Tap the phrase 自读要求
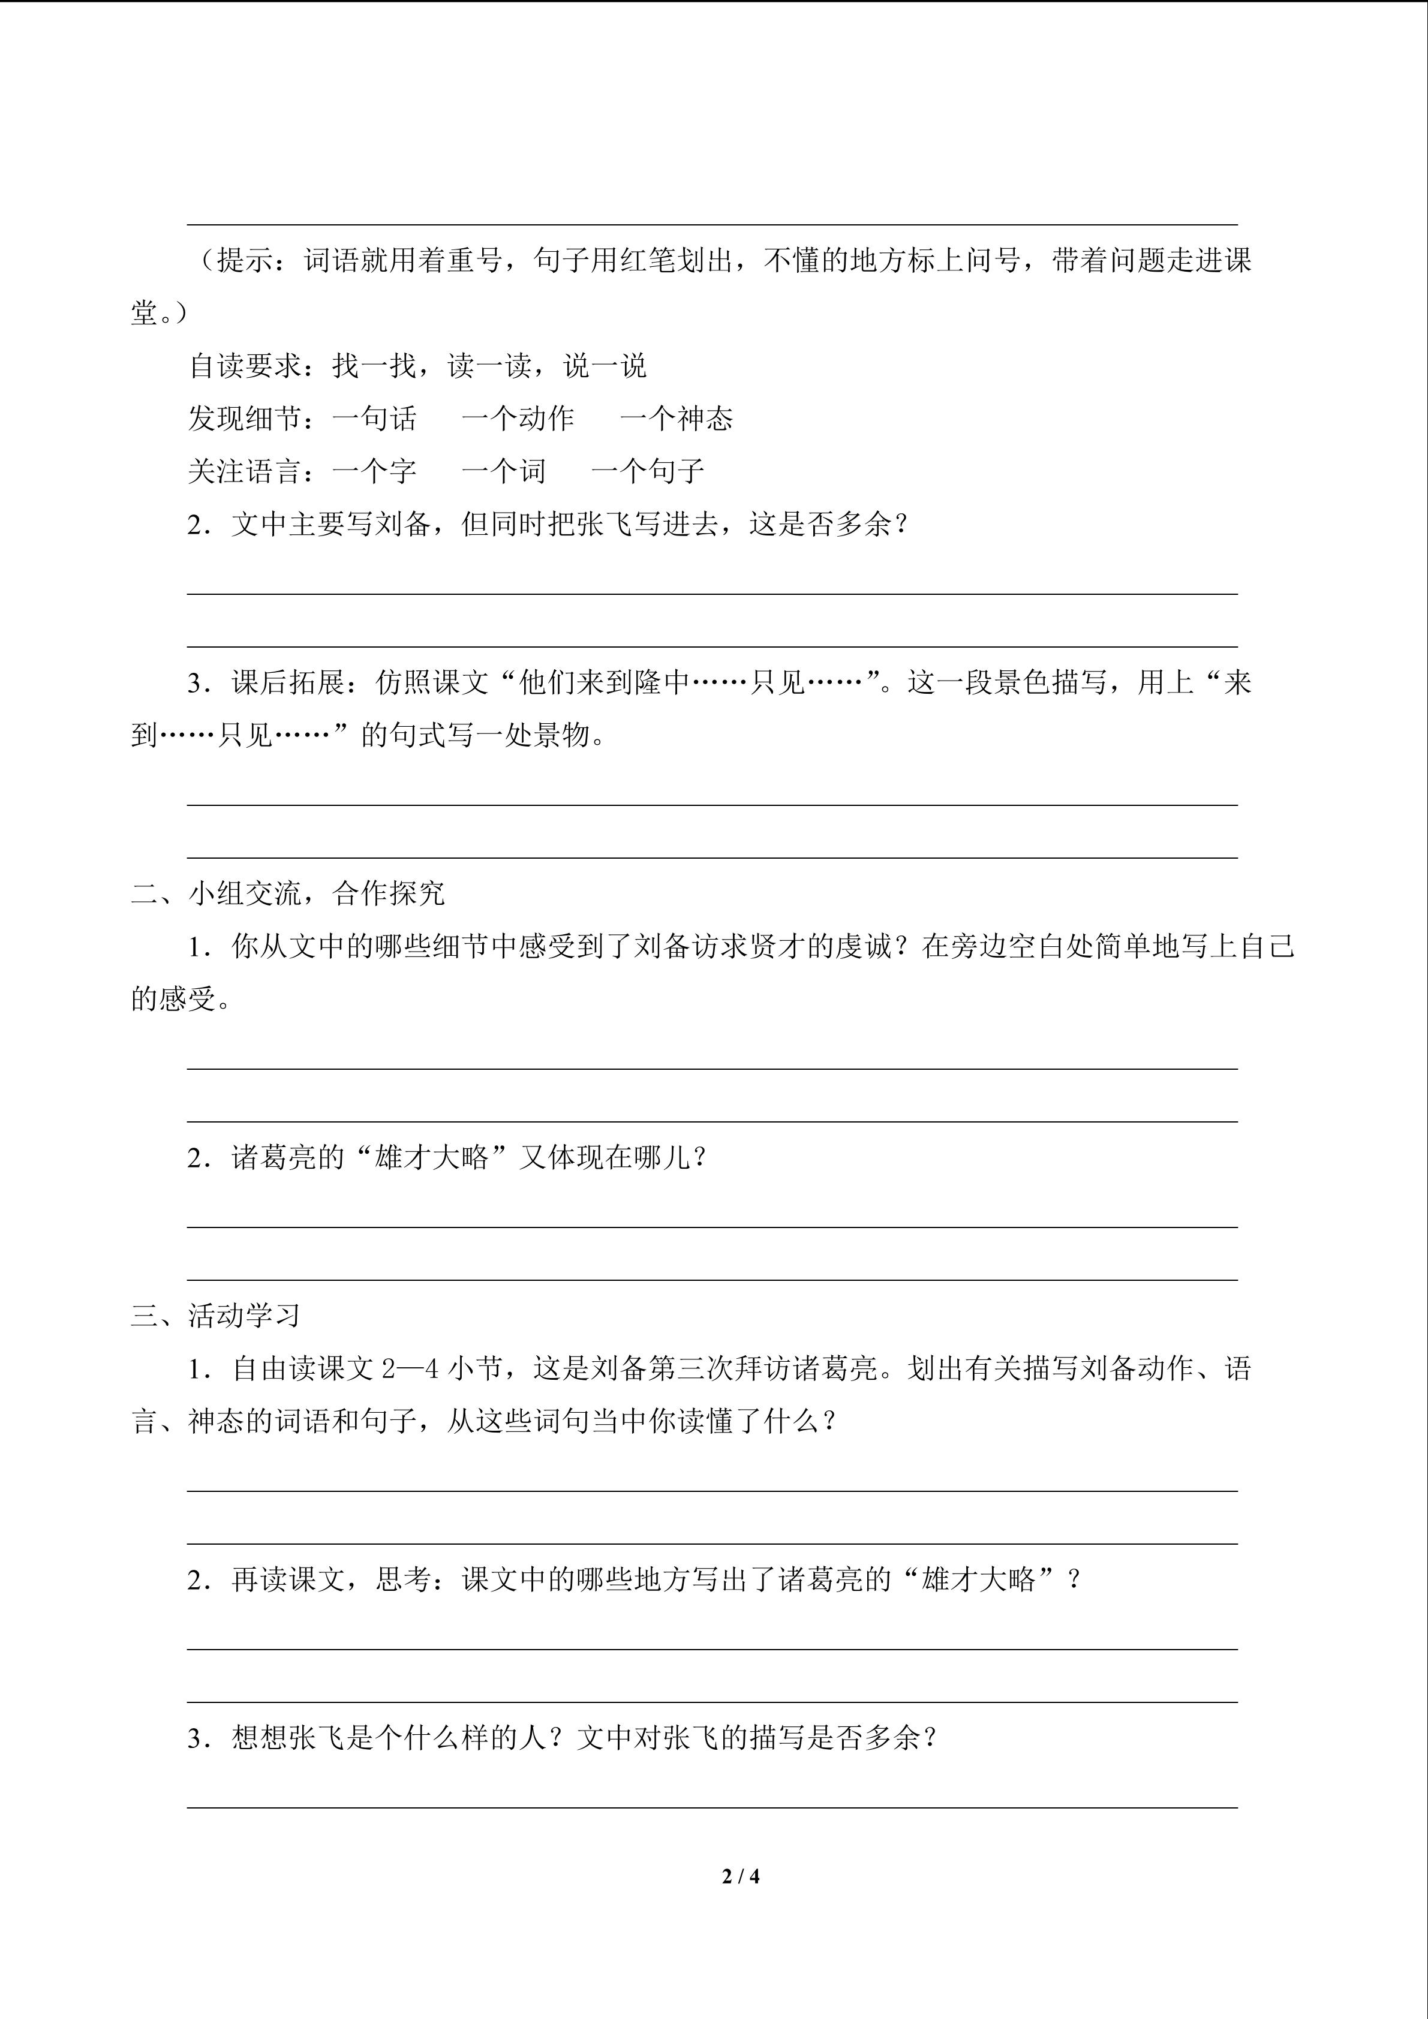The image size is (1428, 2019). [x=245, y=366]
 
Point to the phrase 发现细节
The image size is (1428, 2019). [x=245, y=419]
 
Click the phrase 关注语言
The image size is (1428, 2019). [x=245, y=471]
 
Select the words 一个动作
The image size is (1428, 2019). [x=518, y=419]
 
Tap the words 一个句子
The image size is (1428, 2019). [x=648, y=471]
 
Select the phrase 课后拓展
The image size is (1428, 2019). [x=288, y=682]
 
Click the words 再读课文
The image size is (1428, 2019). [x=288, y=1580]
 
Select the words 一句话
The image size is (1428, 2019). [x=375, y=419]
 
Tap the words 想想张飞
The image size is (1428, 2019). [x=288, y=1738]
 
